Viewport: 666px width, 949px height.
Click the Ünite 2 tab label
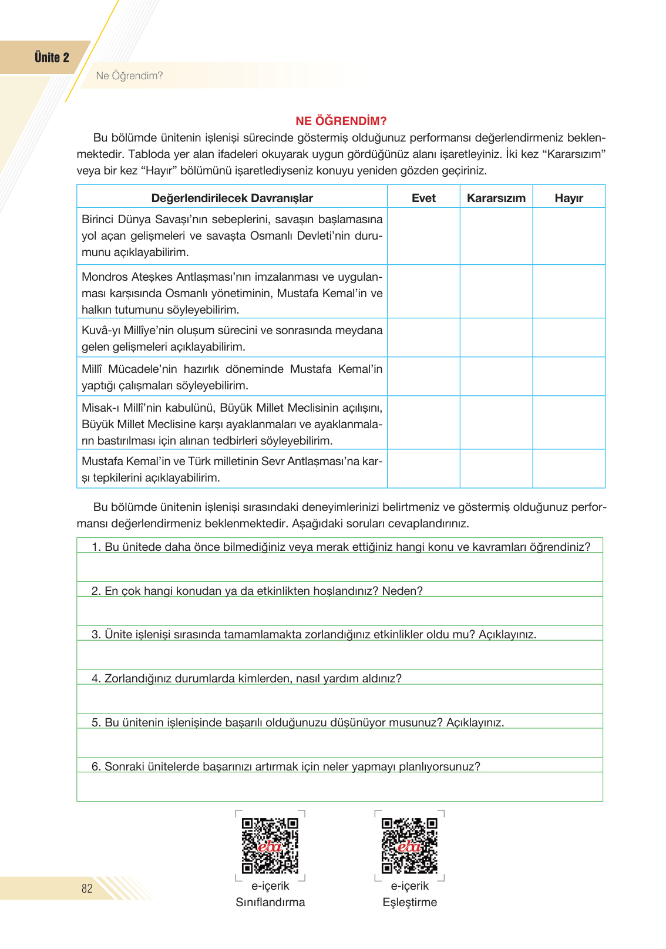coord(52,58)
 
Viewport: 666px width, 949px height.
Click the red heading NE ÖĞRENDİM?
coord(341,121)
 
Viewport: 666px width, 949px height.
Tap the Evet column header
coord(423,198)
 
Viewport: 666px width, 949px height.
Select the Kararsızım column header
coord(496,198)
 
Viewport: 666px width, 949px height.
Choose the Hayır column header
coord(569,198)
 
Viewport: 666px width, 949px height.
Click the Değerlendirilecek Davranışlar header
coord(232,198)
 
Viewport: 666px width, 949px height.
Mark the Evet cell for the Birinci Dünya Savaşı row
coord(423,236)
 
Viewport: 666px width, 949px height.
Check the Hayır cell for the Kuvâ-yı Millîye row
coord(569,338)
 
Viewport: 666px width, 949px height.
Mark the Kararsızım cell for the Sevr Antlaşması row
coord(496,469)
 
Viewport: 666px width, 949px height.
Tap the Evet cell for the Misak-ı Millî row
coord(423,423)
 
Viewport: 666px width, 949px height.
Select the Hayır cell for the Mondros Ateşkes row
coord(569,292)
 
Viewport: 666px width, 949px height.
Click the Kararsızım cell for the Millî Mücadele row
coord(496,376)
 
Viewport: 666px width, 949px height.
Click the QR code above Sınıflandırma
coord(270,846)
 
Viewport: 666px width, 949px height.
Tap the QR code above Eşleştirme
coord(409,846)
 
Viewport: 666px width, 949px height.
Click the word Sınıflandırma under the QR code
coord(270,902)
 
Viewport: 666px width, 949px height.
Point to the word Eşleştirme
coord(409,902)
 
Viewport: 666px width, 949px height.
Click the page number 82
coord(87,889)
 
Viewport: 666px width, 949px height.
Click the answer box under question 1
coord(339,567)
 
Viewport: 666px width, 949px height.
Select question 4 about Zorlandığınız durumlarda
coord(247,678)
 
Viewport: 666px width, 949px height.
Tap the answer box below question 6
coord(339,786)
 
